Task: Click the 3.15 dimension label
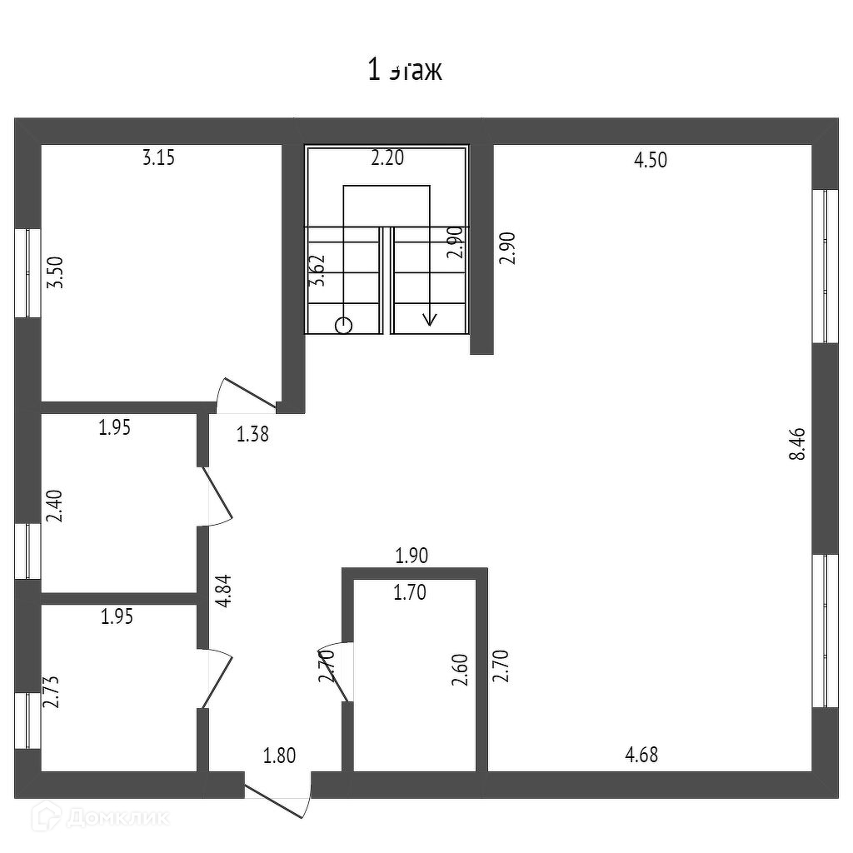158,157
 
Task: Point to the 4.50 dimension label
651,160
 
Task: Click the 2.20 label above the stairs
387,157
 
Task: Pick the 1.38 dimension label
253,433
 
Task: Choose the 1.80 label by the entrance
279,756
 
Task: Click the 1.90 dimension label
412,556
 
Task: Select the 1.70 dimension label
409,593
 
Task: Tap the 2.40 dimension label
55,506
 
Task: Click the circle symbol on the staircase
343,326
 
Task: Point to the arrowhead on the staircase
430,318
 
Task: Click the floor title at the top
405,70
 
